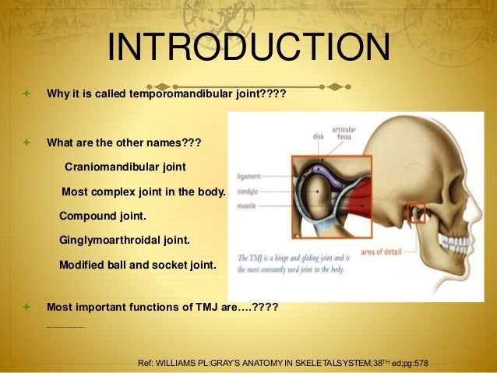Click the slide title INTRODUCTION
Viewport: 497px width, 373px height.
[x=248, y=48]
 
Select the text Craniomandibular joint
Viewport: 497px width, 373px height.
[x=125, y=167]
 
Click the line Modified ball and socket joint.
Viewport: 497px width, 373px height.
[x=137, y=265]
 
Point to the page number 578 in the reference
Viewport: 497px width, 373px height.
[x=421, y=364]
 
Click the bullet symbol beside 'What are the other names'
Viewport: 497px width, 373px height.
[x=26, y=143]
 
